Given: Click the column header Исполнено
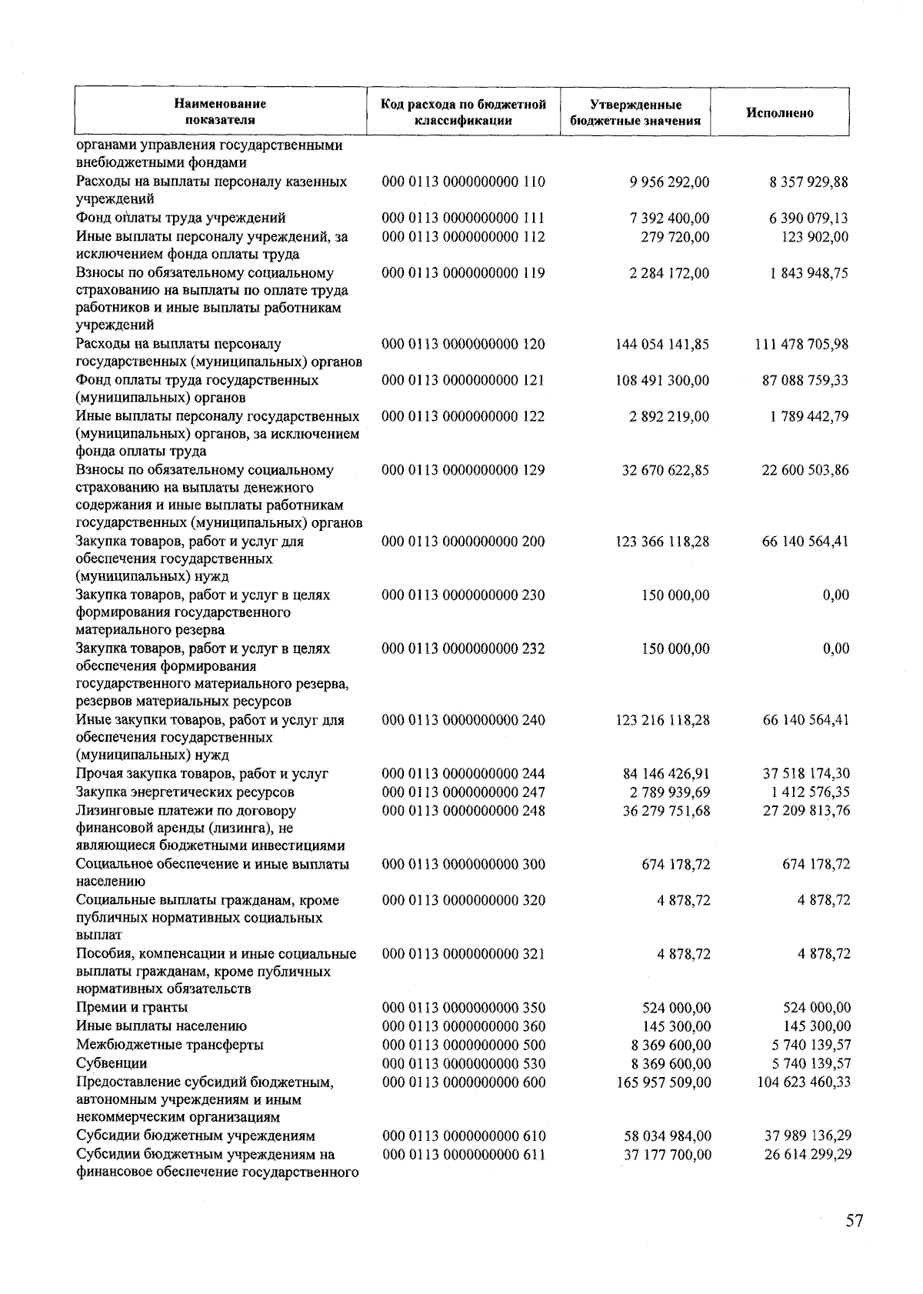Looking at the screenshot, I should click(x=779, y=112).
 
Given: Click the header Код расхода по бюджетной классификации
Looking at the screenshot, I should click(x=463, y=112).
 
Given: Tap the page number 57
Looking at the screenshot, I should click(x=854, y=1220).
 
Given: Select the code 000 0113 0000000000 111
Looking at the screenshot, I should click(x=463, y=218).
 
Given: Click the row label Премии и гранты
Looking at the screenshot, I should click(x=132, y=1007).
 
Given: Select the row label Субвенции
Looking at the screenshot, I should click(x=112, y=1063).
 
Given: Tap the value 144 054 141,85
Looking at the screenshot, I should click(x=662, y=344).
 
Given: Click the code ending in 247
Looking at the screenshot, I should click(x=463, y=792).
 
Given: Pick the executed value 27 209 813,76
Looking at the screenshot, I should click(x=806, y=810).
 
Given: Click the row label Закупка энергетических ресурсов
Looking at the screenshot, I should click(x=185, y=792).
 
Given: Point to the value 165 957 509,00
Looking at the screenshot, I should click(x=664, y=1082).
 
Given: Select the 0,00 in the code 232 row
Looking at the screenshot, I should click(x=835, y=649).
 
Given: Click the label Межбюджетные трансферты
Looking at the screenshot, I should click(x=169, y=1045).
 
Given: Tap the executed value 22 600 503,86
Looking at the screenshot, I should click(x=805, y=470).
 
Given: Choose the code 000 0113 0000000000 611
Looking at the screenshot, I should click(x=464, y=1154).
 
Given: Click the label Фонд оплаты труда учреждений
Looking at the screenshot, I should click(x=181, y=218).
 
